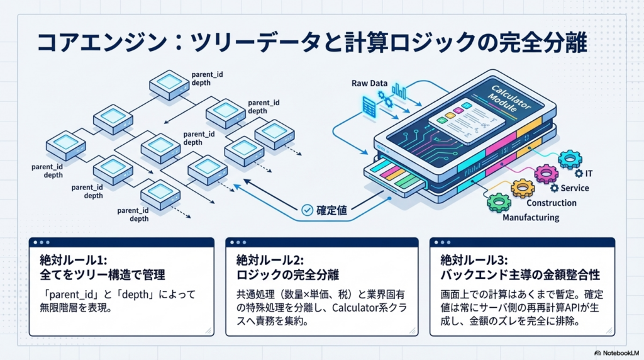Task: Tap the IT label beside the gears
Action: point(589,173)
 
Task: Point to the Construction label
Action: point(551,203)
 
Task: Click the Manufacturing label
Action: point(530,218)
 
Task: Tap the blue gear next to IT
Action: point(570,159)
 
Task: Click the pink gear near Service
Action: point(545,173)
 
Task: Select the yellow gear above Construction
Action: point(522,188)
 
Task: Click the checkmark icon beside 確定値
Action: point(308,210)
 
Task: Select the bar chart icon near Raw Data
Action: point(399,93)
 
